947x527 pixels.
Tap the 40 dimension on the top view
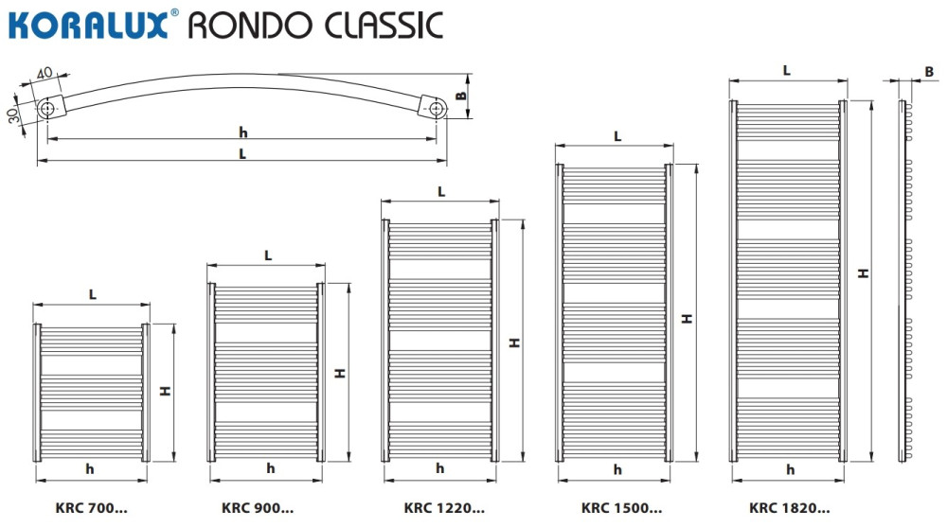44,74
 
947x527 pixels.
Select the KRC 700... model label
91,508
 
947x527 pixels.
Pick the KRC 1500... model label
621,508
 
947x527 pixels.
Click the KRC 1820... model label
789,508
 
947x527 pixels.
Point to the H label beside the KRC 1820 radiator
862,273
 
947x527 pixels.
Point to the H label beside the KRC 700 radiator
164,390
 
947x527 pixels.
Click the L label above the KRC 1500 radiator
617,136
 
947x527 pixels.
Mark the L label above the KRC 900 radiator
268,255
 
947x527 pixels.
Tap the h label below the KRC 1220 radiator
440,468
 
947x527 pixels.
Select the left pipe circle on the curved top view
48,109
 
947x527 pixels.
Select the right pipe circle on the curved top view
436,109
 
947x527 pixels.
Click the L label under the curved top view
242,153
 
